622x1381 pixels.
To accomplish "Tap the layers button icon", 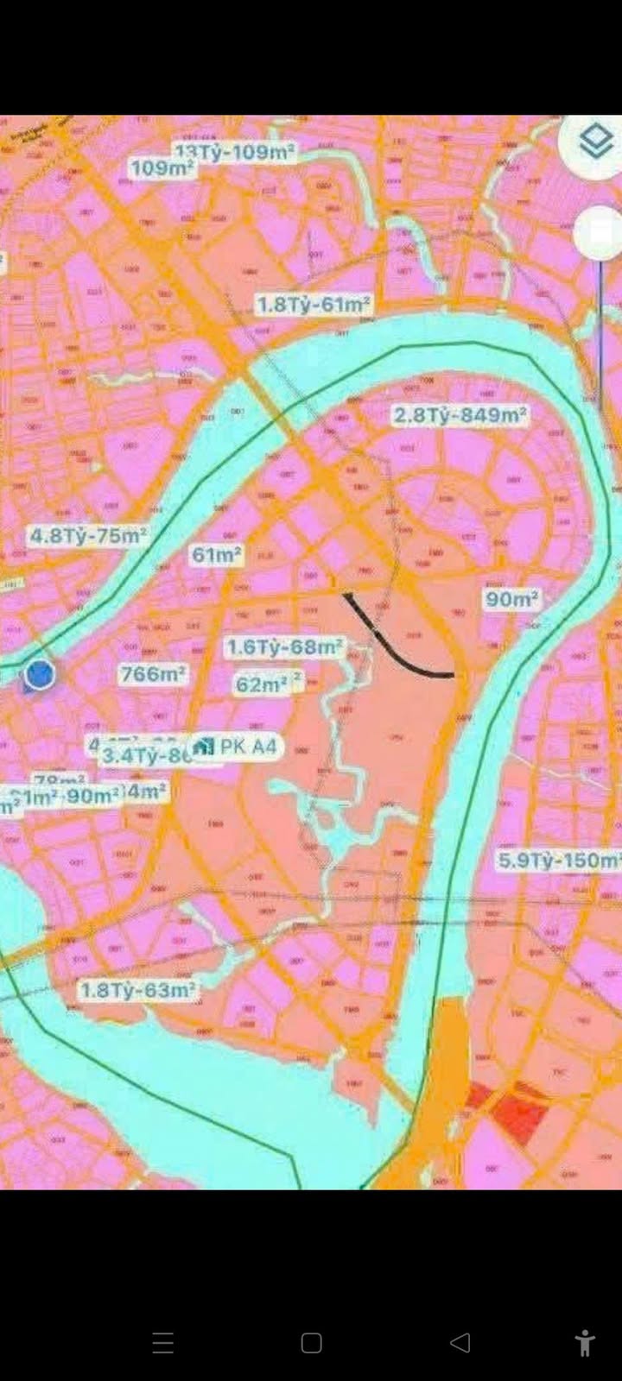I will click(596, 142).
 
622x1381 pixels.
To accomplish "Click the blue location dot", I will click(39, 674).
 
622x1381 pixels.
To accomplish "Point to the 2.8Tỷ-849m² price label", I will click(460, 415).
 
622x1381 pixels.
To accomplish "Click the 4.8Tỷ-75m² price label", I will click(88, 535).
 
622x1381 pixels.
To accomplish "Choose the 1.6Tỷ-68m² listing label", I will click(284, 646).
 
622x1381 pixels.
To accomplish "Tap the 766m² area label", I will click(153, 673).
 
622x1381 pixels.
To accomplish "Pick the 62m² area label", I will click(263, 684).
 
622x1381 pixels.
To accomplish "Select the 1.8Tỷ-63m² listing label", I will click(138, 990).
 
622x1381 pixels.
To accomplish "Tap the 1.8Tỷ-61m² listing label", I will click(314, 305).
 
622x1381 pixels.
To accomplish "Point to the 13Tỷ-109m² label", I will click(236, 153).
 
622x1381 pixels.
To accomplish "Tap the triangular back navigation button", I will click(460, 1342).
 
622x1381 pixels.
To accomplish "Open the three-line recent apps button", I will click(162, 1342).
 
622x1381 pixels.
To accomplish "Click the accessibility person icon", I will click(585, 1342).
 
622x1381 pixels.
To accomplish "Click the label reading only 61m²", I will click(216, 554).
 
